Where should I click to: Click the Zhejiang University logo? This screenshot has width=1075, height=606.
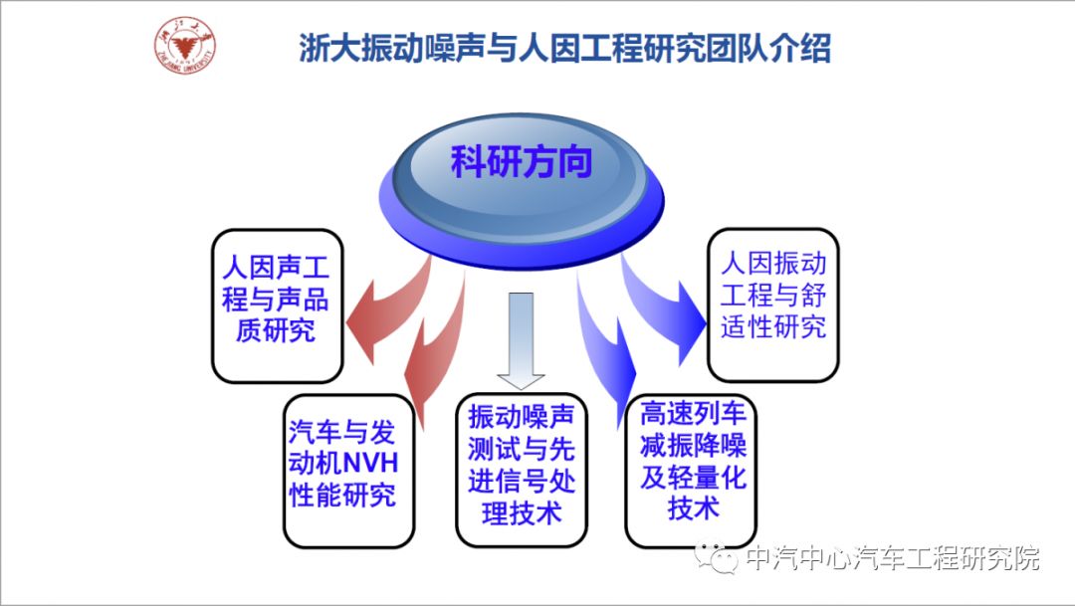[186, 45]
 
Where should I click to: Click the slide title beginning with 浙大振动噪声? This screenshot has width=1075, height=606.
[564, 48]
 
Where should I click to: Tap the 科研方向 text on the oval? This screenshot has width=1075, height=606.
[522, 161]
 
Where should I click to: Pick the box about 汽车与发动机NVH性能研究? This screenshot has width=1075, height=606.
[348, 469]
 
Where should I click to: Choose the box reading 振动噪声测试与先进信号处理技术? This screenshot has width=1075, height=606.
[522, 469]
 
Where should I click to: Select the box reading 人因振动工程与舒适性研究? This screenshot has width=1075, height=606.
[773, 304]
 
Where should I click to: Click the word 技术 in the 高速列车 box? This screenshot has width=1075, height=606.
[694, 508]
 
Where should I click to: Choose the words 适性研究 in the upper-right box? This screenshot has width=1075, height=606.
[773, 327]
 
